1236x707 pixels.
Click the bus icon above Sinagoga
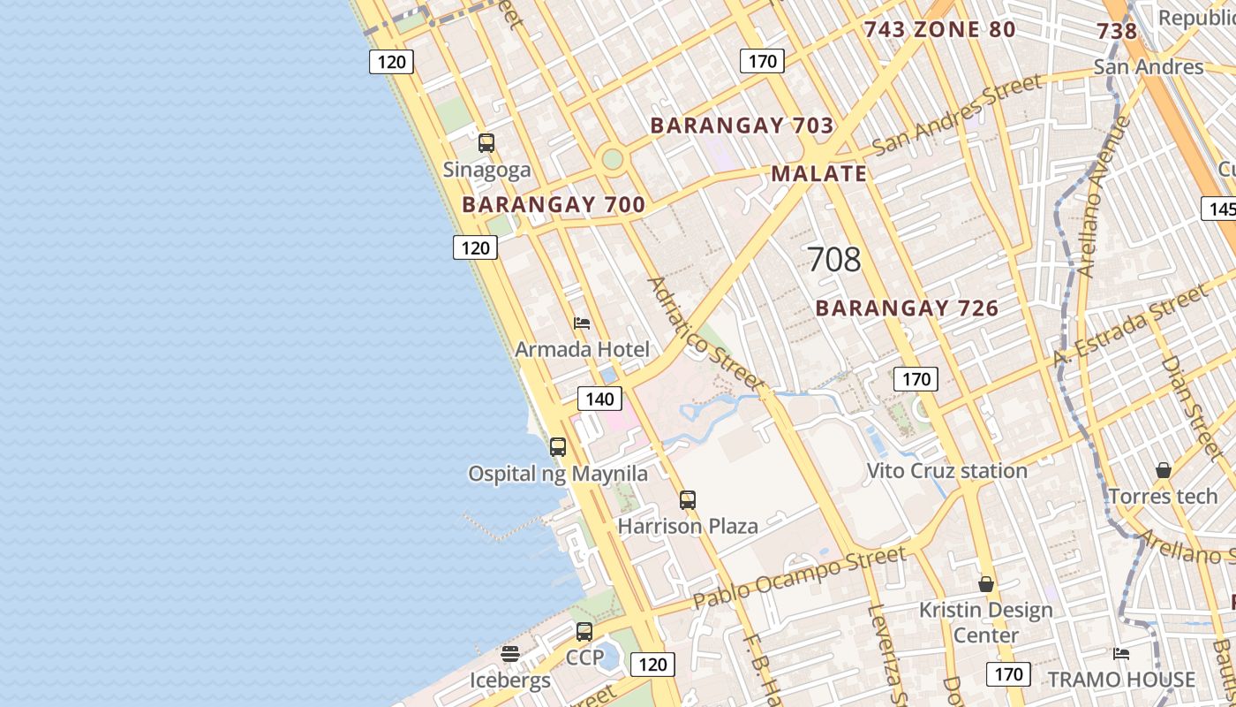tap(486, 143)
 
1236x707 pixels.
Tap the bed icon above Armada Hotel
tap(582, 323)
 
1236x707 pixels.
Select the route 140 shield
tap(599, 399)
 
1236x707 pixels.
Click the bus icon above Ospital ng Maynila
tap(558, 447)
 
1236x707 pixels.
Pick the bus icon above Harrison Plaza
tap(688, 500)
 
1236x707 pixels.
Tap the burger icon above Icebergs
tap(510, 654)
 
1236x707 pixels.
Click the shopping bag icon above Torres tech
tap(1164, 470)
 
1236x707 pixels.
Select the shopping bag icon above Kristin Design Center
tap(986, 584)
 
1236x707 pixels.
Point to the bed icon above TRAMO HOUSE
tap(1121, 654)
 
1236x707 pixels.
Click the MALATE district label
tap(819, 173)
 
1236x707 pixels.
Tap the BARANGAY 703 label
tap(742, 125)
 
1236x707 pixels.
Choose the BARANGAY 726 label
tap(907, 308)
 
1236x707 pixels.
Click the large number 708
tap(833, 260)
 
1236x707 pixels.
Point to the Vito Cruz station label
tap(946, 471)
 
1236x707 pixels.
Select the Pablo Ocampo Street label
tap(799, 578)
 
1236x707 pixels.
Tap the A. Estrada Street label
tap(1129, 326)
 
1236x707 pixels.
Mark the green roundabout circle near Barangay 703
tap(612, 160)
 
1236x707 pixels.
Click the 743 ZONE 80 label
tap(939, 30)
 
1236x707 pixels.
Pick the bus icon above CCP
tap(584, 632)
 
